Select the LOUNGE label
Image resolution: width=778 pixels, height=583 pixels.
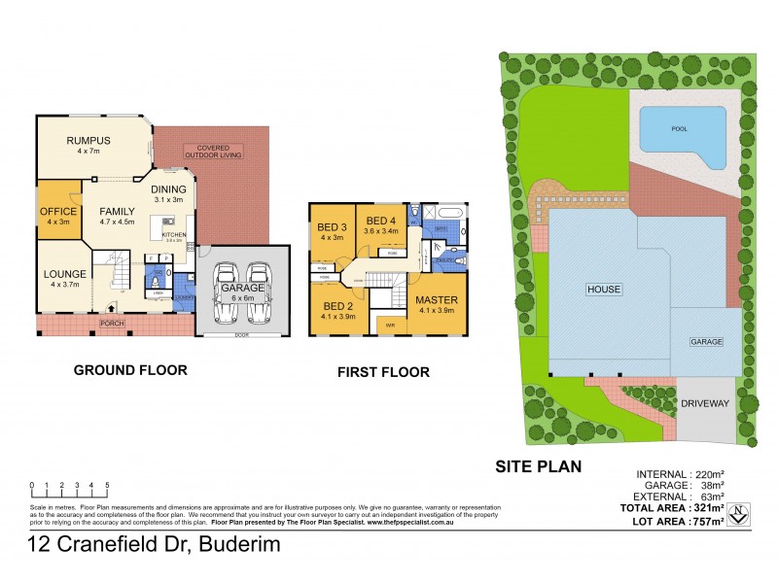tap(65, 274)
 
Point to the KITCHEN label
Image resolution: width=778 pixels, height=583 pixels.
tap(173, 234)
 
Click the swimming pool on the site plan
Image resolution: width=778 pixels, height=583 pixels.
tap(682, 135)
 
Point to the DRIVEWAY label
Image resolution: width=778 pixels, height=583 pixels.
tap(706, 403)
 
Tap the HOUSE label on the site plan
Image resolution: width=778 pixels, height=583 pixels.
tap(603, 290)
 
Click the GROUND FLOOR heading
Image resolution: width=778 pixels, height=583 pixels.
tap(131, 369)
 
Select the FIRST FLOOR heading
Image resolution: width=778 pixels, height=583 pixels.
tap(383, 371)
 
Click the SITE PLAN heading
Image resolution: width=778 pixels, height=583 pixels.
tap(538, 466)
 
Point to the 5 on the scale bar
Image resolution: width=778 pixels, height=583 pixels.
tap(107, 484)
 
